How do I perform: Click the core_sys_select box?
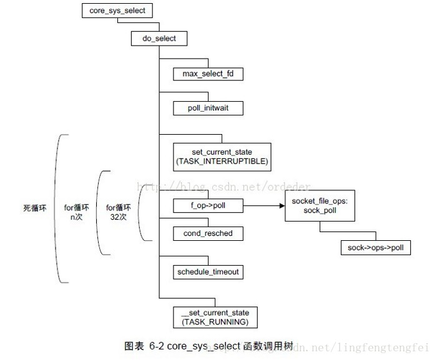[117, 11]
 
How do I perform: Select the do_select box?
[159, 38]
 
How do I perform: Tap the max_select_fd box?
[208, 74]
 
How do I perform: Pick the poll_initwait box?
[208, 109]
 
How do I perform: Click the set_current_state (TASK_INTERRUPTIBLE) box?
[222, 157]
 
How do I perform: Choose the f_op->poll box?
[208, 205]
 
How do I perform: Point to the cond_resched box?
[208, 234]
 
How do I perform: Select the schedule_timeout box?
[208, 271]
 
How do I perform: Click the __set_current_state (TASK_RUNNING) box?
[215, 317]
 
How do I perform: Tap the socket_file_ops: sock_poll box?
[320, 205]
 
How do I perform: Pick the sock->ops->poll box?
[376, 248]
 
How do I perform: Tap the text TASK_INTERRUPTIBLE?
[222, 162]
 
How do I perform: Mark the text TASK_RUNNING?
[215, 322]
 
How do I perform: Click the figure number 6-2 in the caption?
[156, 346]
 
